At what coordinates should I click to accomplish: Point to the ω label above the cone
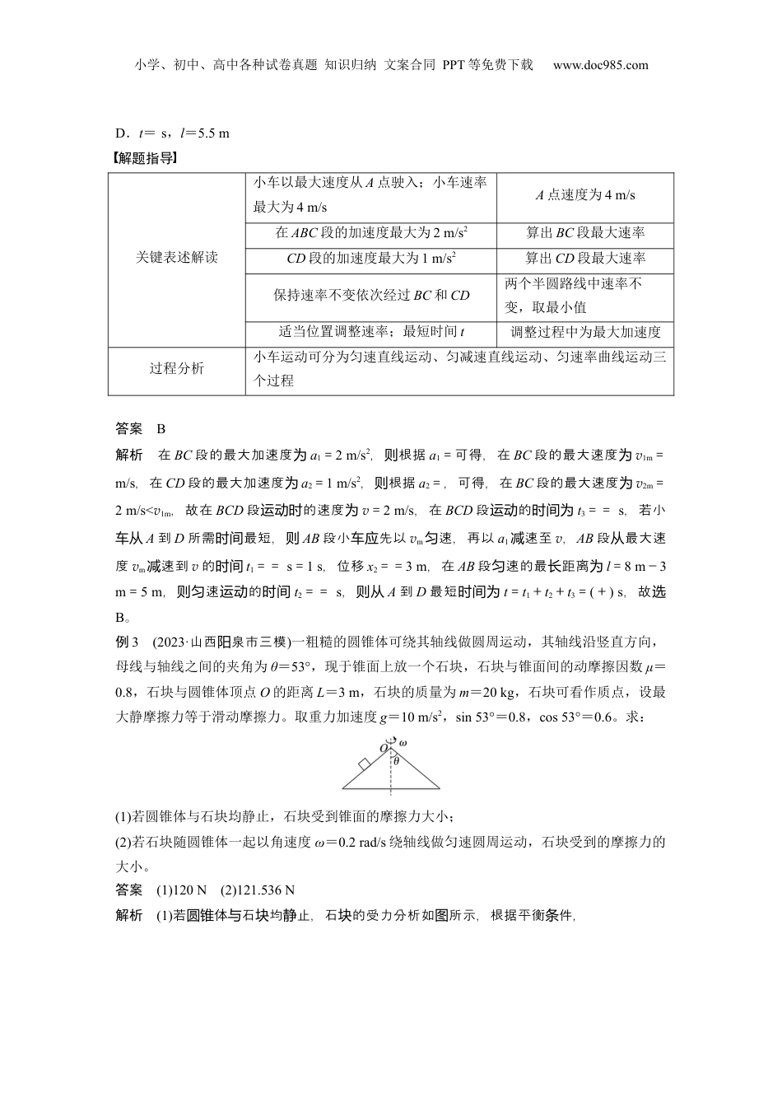click(x=403, y=744)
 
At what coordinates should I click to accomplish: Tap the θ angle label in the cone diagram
click(x=396, y=761)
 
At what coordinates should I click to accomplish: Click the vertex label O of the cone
click(x=383, y=747)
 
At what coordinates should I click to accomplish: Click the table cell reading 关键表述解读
click(x=177, y=258)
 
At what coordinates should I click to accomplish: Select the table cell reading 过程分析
click(x=177, y=368)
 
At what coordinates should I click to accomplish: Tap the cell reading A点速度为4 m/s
click(x=585, y=195)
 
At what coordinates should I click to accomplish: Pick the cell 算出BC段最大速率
click(x=585, y=233)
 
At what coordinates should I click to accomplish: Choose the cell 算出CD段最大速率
click(x=585, y=258)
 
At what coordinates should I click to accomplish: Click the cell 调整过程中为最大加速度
click(x=585, y=332)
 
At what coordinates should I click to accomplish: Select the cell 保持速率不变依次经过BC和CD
click(x=371, y=295)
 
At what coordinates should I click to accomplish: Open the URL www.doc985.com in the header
click(x=600, y=65)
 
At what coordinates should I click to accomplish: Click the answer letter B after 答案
click(x=161, y=428)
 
